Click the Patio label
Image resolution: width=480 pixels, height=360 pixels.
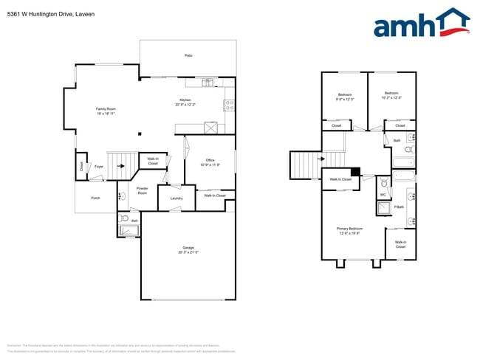pyautogui.click(x=188, y=55)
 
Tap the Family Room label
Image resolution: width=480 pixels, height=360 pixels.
pyautogui.click(x=106, y=109)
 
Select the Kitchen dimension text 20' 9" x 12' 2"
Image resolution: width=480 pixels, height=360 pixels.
pyautogui.click(x=185, y=105)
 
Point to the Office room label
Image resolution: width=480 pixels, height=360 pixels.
pyautogui.click(x=210, y=160)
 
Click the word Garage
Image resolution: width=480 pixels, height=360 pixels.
pyautogui.click(x=188, y=247)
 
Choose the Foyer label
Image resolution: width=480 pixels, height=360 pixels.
pyautogui.click(x=98, y=167)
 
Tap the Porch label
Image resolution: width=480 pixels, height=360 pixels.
pyautogui.click(x=95, y=198)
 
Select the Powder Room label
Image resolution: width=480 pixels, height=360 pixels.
pyautogui.click(x=143, y=190)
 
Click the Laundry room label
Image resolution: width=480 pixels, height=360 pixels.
pyautogui.click(x=176, y=198)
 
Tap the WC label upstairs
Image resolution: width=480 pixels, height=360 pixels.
pyautogui.click(x=383, y=195)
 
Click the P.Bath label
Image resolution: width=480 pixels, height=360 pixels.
pyautogui.click(x=399, y=207)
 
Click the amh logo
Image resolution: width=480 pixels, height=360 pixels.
pyautogui.click(x=421, y=24)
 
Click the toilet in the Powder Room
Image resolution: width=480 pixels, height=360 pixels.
pyautogui.click(x=122, y=196)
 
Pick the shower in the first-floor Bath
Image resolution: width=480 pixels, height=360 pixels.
pyautogui.click(x=129, y=231)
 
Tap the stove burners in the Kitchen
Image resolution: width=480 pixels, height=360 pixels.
pyautogui.click(x=229, y=105)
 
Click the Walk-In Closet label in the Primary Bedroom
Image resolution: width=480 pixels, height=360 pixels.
pyautogui.click(x=400, y=244)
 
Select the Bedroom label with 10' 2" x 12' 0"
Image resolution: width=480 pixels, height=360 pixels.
pyautogui.click(x=391, y=96)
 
